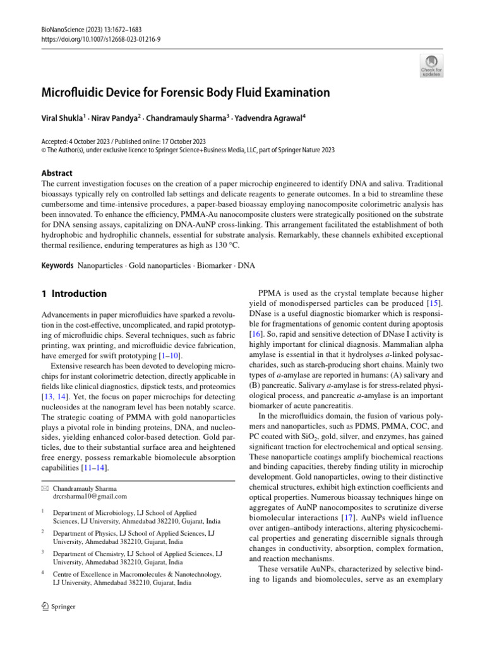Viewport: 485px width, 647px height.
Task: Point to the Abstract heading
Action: (56, 172)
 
